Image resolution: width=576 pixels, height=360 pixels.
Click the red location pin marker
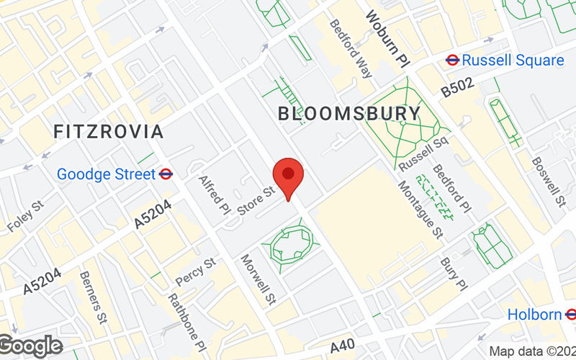289,176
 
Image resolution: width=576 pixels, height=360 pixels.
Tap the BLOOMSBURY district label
348,114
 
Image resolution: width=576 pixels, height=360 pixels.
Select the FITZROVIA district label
109,131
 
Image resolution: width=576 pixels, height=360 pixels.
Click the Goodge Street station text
106,174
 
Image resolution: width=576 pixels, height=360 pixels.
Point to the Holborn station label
534,314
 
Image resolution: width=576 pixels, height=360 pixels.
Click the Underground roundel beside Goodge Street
166,174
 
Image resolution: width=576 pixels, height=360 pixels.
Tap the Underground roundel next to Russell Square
452,60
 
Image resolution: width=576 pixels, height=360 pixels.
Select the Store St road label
257,200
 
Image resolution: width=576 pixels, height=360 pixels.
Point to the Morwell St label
258,279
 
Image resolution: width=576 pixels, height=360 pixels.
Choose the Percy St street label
196,271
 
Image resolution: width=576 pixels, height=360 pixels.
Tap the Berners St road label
94,296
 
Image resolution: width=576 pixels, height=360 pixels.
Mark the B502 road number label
459,89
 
